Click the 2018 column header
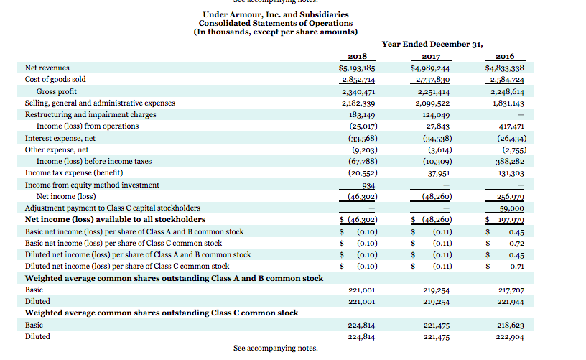tap(357, 56)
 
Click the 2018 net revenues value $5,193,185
tap(357, 68)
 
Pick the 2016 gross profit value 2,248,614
tap(506, 91)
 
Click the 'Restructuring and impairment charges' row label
tap(90, 114)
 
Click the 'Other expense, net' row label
tap(57, 149)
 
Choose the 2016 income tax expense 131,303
tap(510, 172)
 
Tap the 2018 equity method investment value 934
tap(368, 185)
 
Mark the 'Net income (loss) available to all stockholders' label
tap(115, 219)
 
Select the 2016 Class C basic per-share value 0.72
tap(516, 243)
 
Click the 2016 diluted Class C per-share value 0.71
tap(516, 266)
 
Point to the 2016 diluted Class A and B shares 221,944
tap(510, 302)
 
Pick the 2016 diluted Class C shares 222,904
tap(510, 336)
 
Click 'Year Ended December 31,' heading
tap(432, 44)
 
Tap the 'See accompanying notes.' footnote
tap(275, 348)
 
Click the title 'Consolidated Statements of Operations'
tap(276, 23)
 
